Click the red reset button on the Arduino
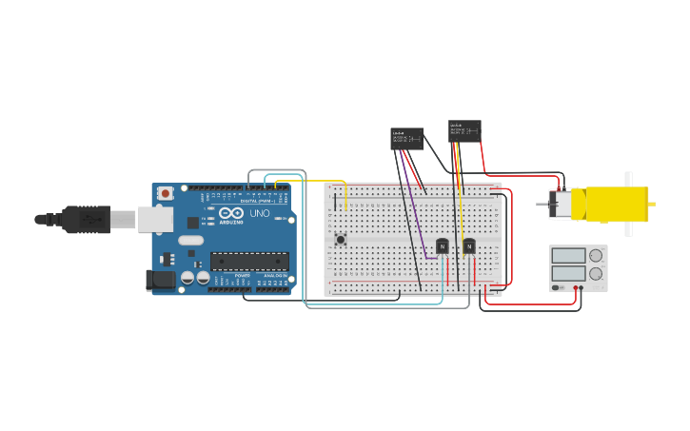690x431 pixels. (x=166, y=193)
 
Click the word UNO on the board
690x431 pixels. (x=259, y=213)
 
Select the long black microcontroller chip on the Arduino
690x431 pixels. (x=249, y=261)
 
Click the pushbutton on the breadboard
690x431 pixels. (x=340, y=239)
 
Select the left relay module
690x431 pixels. (x=406, y=139)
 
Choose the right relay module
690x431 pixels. (x=464, y=131)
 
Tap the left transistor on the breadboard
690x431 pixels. (x=442, y=246)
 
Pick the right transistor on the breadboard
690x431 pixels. (x=468, y=246)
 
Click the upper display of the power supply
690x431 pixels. (x=568, y=255)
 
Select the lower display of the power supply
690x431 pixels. (x=568, y=274)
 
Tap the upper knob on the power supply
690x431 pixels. (x=596, y=255)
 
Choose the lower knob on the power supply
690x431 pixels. (x=596, y=274)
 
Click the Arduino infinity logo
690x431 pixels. (x=231, y=213)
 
